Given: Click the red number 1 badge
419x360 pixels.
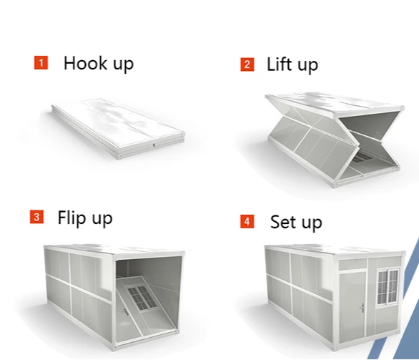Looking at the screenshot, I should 41,63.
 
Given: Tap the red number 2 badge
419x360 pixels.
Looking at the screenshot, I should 247,64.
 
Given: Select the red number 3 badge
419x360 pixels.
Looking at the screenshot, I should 36,217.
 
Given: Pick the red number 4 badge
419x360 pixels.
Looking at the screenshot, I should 247,221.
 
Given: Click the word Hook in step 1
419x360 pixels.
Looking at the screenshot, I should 82,63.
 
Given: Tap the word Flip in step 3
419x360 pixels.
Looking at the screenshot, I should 72,217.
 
